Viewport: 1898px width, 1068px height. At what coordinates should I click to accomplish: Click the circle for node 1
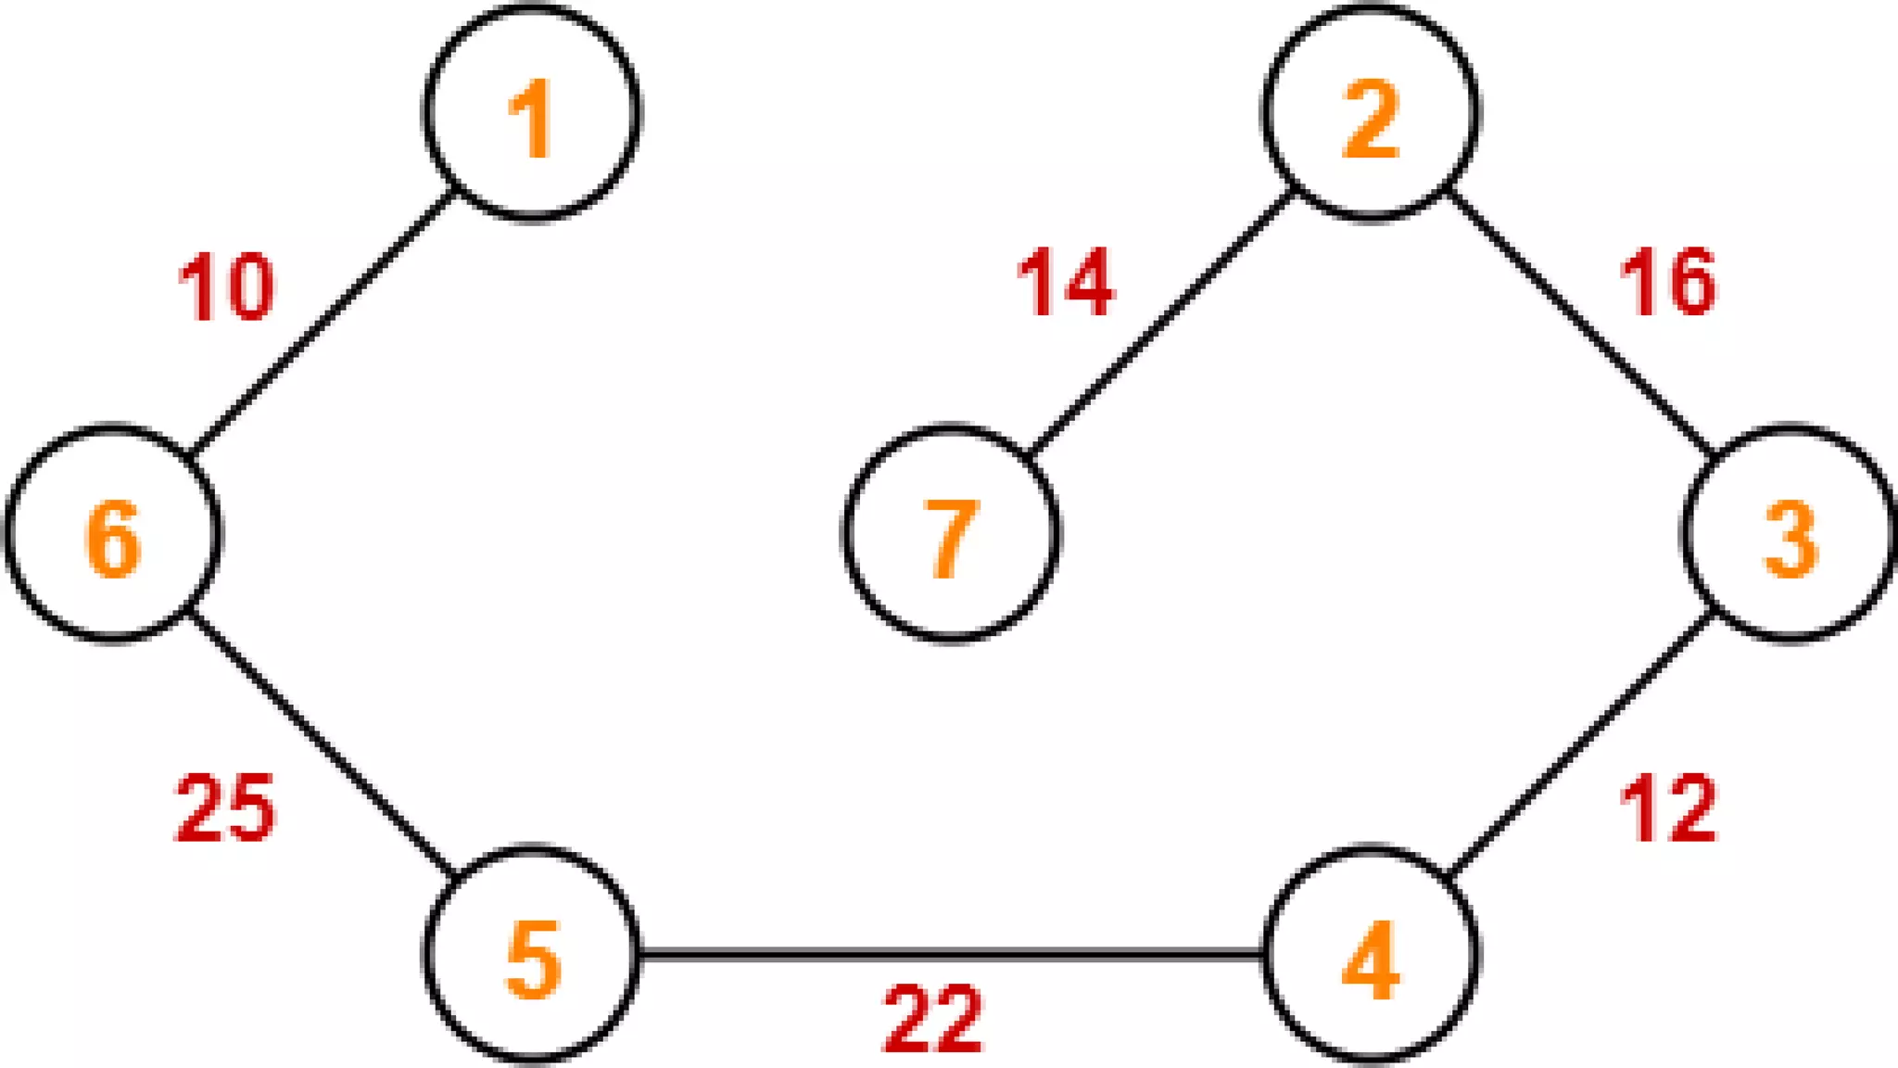pos(532,113)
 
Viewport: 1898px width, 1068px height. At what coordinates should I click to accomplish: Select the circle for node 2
pos(1370,113)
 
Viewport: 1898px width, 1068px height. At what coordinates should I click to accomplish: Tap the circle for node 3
pos(1790,534)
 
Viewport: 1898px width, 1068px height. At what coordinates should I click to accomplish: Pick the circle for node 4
pos(1370,955)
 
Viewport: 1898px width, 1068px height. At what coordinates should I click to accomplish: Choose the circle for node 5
pos(532,955)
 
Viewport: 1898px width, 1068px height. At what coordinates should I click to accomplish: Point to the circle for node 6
pos(113,534)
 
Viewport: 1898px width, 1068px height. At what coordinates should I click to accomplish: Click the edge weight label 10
pos(225,288)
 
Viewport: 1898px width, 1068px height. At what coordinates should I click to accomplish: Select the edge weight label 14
pos(1065,283)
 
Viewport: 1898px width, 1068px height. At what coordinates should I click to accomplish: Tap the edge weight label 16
pos(1667,283)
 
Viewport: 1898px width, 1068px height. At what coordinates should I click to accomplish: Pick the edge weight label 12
pos(1667,808)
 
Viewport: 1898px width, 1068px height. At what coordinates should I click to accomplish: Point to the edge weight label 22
pos(932,1020)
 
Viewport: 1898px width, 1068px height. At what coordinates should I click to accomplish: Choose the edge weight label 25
pos(225,808)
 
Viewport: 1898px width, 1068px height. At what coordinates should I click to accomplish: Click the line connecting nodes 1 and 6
pos(323,324)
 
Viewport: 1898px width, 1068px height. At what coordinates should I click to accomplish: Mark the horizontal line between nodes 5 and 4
pos(951,954)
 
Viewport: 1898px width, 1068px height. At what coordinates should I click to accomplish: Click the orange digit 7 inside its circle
pos(951,539)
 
